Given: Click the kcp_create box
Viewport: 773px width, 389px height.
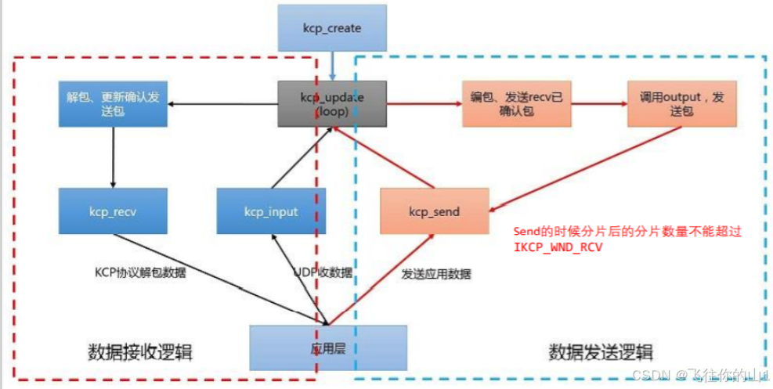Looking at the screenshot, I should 332,29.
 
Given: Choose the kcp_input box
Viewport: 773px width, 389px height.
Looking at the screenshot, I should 272,211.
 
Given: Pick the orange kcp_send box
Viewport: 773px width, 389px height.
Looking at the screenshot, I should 434,211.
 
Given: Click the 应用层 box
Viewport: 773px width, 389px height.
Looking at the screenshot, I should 328,347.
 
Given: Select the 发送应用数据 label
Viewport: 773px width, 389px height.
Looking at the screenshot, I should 436,274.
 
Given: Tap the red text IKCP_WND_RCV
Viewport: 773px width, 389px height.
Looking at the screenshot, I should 562,247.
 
